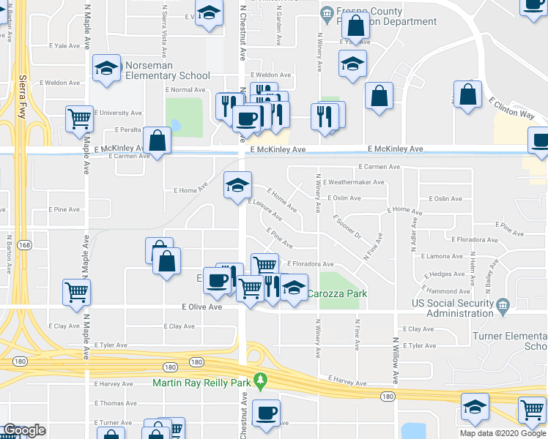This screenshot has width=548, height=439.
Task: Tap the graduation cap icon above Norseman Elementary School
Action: pos(107,70)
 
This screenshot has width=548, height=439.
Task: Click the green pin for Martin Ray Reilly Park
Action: pos(259,381)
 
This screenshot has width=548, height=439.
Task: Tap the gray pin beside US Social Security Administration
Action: pos(502,304)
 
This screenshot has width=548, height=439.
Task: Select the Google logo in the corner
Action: pos(24,431)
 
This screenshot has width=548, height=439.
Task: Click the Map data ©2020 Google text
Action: pos(503,433)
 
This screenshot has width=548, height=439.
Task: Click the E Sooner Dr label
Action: pos(347,226)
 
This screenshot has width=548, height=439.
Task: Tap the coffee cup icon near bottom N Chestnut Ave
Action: pos(266,411)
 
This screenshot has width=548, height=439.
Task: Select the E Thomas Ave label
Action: pos(115,403)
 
